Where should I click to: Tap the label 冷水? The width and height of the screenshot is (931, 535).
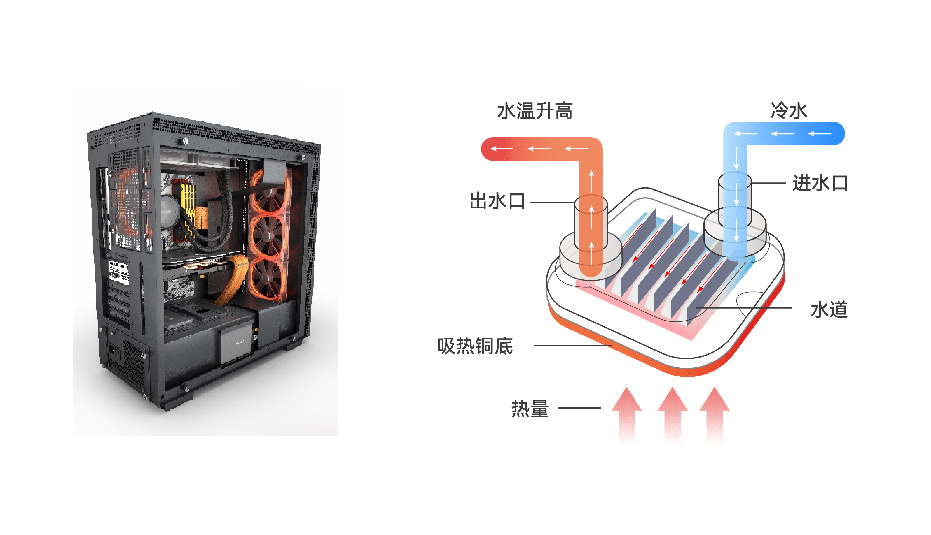click(x=789, y=110)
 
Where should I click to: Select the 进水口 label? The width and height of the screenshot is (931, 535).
click(x=820, y=183)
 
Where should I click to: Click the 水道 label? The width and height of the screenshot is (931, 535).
click(x=829, y=309)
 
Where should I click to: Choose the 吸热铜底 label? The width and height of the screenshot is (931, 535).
click(x=475, y=346)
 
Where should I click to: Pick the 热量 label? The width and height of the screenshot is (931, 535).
click(x=530, y=409)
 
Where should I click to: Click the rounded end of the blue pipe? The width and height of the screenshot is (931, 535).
click(x=837, y=133)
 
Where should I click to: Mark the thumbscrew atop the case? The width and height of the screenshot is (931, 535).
click(x=185, y=141)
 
